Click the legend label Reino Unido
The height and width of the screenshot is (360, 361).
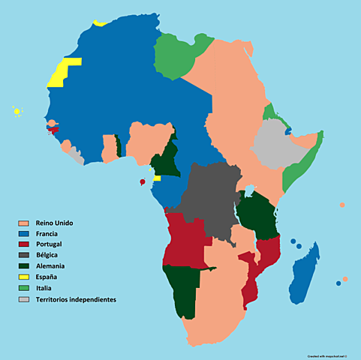click(55, 223)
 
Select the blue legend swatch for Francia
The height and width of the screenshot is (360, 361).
click(23, 234)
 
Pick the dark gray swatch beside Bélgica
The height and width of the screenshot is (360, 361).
click(23, 256)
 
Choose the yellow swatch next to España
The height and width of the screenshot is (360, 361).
click(23, 277)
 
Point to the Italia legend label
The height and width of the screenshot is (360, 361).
click(46, 288)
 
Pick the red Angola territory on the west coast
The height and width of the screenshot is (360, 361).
click(183, 240)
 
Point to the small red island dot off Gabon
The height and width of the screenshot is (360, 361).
click(143, 182)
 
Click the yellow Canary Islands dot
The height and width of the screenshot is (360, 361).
click(17, 112)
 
